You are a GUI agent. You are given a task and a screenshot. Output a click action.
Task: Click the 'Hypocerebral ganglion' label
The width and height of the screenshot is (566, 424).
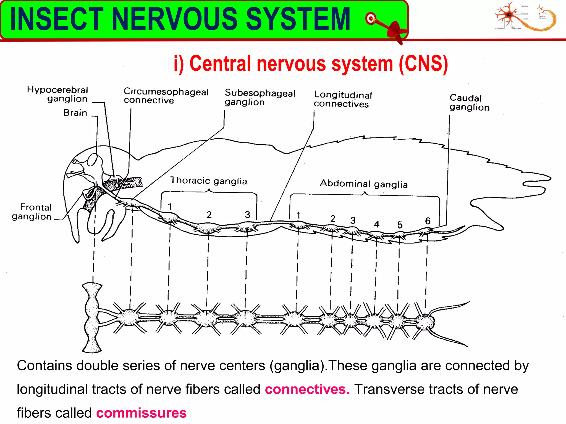pyautogui.click(x=57, y=94)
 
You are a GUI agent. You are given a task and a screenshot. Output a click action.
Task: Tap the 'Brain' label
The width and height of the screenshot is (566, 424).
pyautogui.click(x=75, y=113)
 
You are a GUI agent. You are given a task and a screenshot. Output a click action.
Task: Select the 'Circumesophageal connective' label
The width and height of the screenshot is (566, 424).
pyautogui.click(x=166, y=96)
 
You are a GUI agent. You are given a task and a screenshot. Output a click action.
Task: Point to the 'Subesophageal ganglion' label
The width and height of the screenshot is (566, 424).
pyautogui.click(x=260, y=97)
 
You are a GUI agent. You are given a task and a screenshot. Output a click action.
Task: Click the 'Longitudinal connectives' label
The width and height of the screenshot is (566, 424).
pyautogui.click(x=343, y=99)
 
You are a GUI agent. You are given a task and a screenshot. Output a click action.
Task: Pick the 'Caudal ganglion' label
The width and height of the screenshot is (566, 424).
pyautogui.click(x=469, y=102)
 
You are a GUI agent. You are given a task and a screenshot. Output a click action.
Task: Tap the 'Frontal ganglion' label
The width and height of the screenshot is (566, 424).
pyautogui.click(x=32, y=212)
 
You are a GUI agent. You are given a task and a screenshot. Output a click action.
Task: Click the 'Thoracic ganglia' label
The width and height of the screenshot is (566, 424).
pyautogui.click(x=208, y=181)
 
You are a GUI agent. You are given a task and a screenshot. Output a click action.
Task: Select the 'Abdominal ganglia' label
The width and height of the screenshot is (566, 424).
pyautogui.click(x=364, y=184)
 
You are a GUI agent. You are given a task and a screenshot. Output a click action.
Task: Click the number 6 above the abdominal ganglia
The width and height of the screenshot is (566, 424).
pyautogui.click(x=428, y=221)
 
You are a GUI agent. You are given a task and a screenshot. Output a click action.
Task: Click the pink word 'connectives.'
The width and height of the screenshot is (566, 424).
pyautogui.click(x=307, y=389)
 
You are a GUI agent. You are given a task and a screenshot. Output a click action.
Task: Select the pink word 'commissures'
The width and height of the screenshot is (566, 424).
pyautogui.click(x=141, y=413)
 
